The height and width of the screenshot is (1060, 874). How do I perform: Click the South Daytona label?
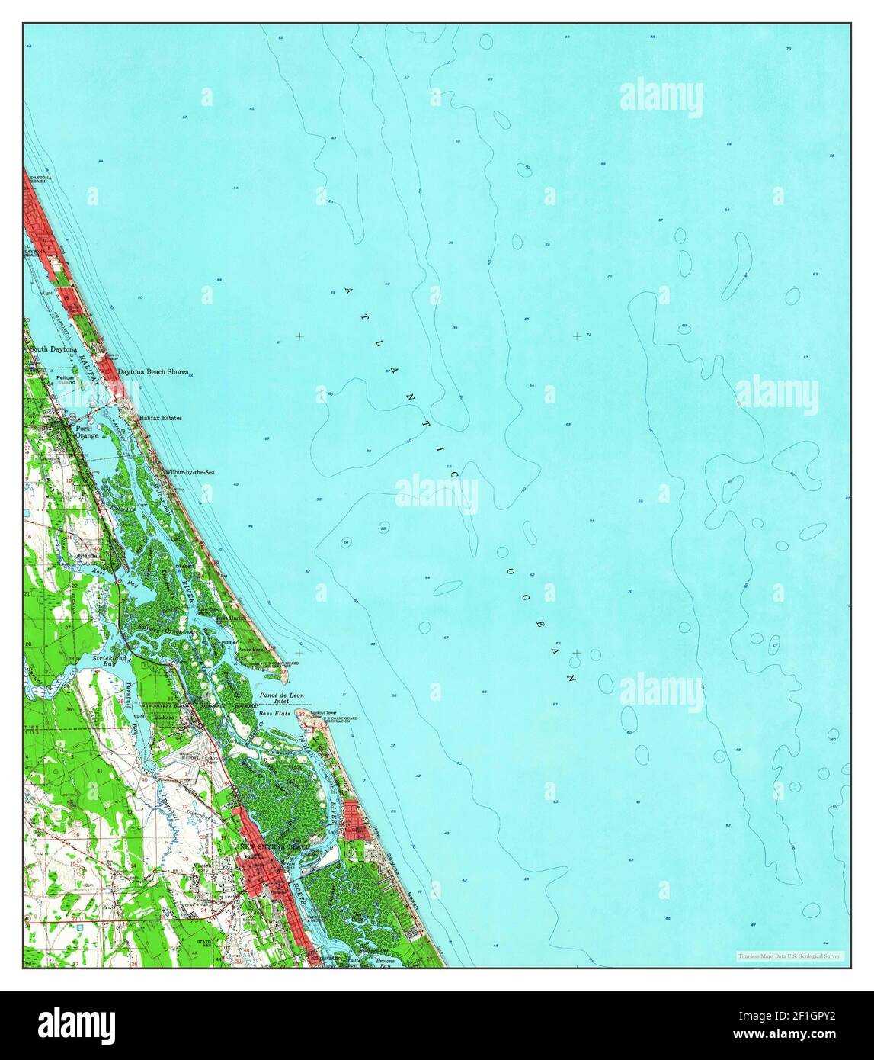53,349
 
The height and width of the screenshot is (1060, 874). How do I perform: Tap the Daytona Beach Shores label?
152,372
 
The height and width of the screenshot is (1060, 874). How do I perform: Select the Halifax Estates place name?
160,418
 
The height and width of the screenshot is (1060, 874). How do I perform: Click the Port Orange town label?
85,432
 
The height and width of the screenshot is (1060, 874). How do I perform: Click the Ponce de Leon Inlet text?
281,698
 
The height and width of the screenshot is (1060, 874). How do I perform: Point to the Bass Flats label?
274,711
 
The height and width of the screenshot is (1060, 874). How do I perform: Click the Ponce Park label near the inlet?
249,650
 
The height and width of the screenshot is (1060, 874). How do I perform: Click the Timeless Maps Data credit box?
789,956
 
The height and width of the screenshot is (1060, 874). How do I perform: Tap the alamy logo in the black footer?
76,1023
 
